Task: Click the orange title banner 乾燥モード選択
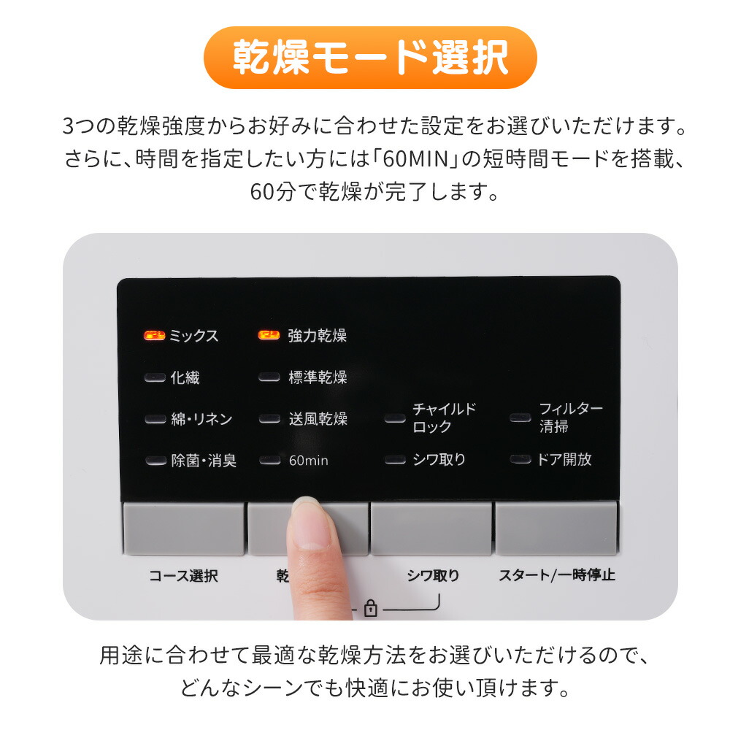[370, 57]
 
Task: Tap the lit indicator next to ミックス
[154, 335]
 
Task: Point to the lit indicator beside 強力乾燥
[269, 335]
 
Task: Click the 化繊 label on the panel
[185, 377]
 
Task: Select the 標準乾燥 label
[318, 377]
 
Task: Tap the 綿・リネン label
[201, 419]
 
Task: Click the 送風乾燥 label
[318, 419]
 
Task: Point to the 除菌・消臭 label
[204, 461]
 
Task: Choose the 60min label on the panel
[308, 461]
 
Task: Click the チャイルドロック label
[444, 418]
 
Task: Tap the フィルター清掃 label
[571, 418]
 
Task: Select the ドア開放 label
[564, 459]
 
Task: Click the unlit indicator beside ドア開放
[520, 459]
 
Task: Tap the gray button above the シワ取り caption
[431, 528]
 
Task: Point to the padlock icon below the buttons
[371, 608]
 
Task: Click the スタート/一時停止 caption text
[557, 575]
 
